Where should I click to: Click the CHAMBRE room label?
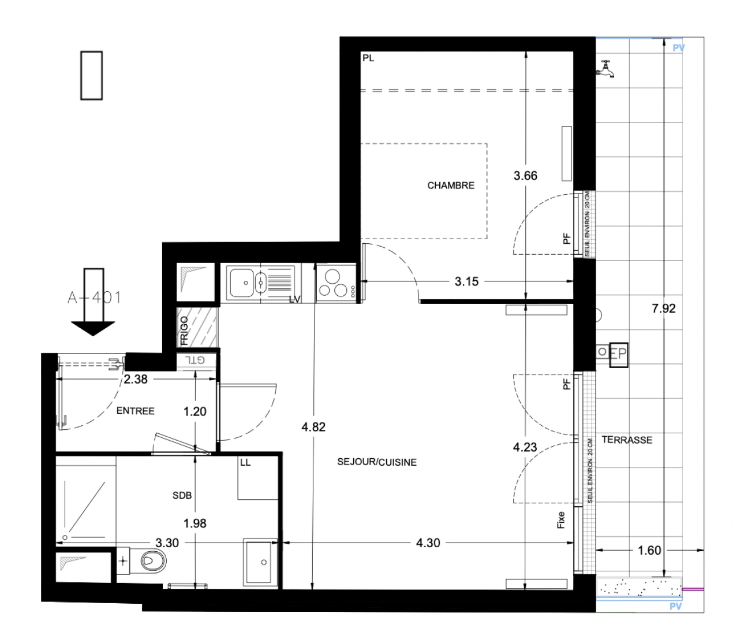(451, 185)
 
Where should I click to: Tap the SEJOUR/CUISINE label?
(377, 462)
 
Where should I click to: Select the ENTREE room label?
(136, 411)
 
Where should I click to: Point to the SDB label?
(182, 495)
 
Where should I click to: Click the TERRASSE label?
(627, 440)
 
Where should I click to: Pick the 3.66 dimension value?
(525, 176)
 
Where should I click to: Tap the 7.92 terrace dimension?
(663, 309)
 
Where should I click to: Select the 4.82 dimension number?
(313, 427)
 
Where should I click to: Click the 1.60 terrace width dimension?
(649, 550)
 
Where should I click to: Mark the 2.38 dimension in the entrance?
(136, 380)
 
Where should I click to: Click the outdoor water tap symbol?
(605, 68)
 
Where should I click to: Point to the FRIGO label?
(184, 330)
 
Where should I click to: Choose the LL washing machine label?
(245, 463)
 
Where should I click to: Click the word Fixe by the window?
(560, 520)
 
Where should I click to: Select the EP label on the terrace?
(618, 352)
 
